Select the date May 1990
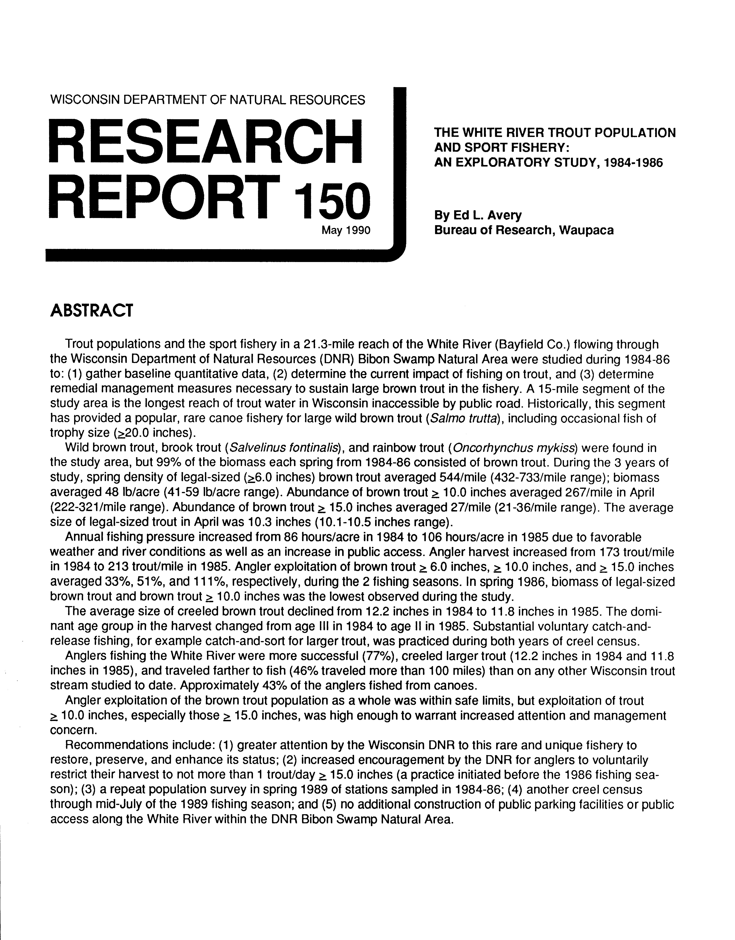point(346,230)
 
